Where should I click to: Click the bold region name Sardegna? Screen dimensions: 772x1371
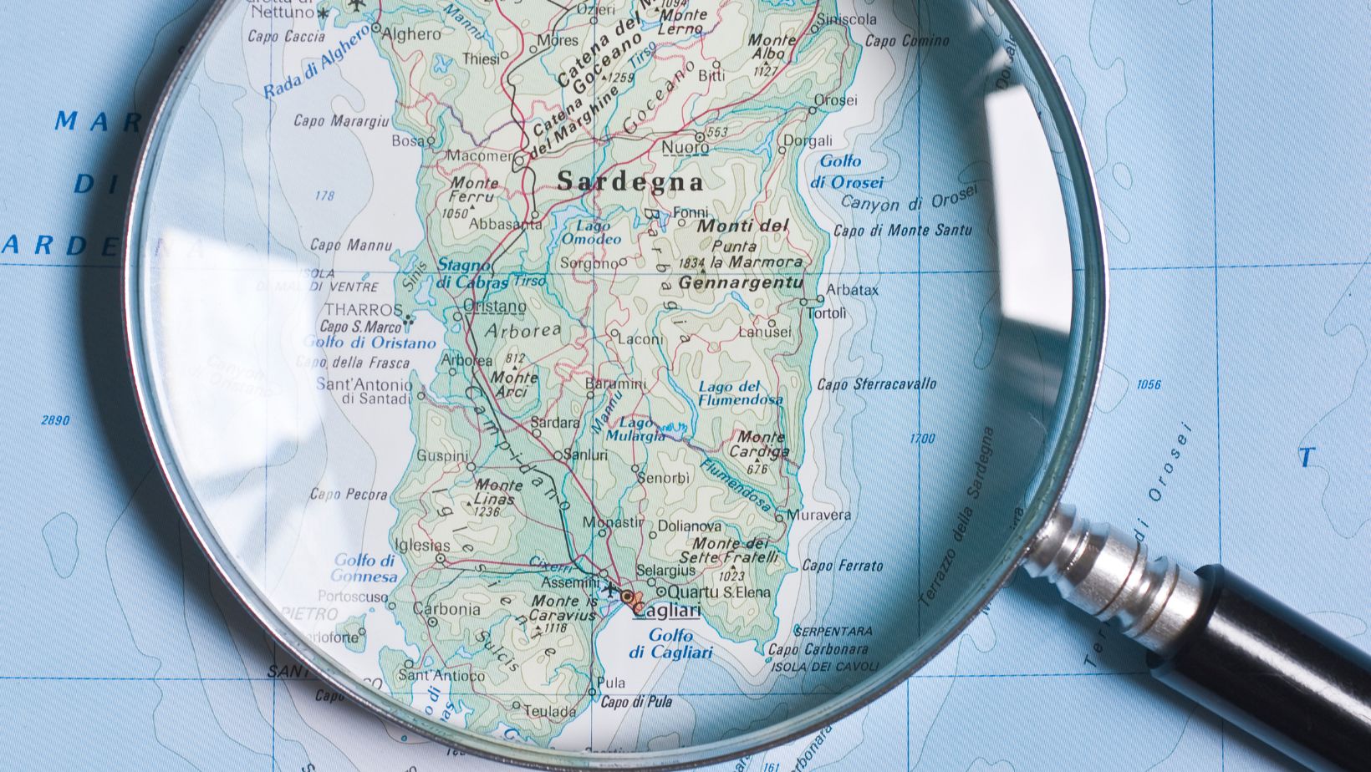630,181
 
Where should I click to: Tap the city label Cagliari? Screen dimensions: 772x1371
667,612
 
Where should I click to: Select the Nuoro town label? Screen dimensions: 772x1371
685,149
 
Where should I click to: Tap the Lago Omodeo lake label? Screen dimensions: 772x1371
591,233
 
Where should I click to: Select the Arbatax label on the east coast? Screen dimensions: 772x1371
852,291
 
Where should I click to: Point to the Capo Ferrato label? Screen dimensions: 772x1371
842,566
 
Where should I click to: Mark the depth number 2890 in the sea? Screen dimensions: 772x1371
55,420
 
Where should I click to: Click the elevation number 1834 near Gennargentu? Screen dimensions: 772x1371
692,263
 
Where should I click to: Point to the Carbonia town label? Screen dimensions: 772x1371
446,609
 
